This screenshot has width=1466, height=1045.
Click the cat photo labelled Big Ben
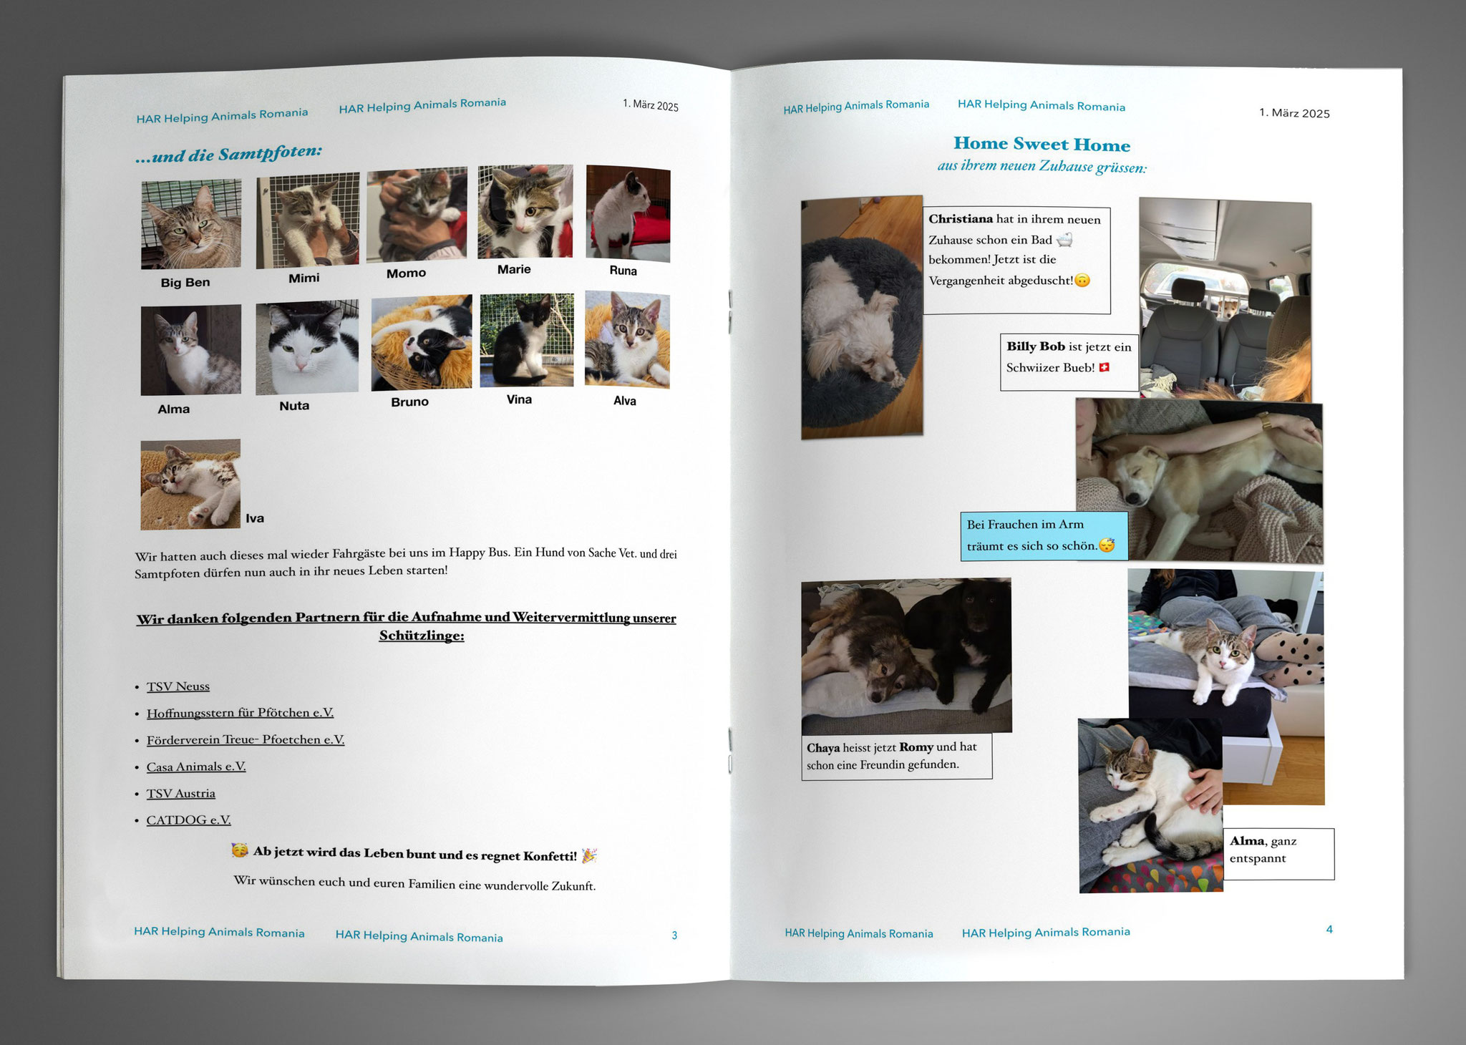[191, 224]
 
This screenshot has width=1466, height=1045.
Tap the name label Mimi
[304, 278]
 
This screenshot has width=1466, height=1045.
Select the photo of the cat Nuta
[307, 347]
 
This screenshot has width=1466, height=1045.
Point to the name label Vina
[519, 399]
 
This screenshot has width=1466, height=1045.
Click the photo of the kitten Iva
[190, 484]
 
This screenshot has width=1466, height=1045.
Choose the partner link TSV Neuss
[178, 686]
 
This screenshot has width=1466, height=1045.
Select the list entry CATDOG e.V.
[188, 820]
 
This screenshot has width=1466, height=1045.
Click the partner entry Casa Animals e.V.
[196, 767]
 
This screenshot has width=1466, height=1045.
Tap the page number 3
[674, 935]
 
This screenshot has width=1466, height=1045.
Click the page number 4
[1329, 930]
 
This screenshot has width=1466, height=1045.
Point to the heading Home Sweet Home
[1042, 145]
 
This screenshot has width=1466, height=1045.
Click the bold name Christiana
[961, 219]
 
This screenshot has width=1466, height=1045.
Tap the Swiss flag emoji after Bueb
[1104, 368]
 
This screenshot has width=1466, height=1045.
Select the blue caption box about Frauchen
[1044, 535]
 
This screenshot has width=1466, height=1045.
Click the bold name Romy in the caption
[916, 747]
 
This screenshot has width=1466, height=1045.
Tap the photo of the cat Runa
[628, 213]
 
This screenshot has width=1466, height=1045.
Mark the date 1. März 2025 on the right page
[1294, 113]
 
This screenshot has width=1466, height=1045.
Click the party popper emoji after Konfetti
[589, 855]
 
